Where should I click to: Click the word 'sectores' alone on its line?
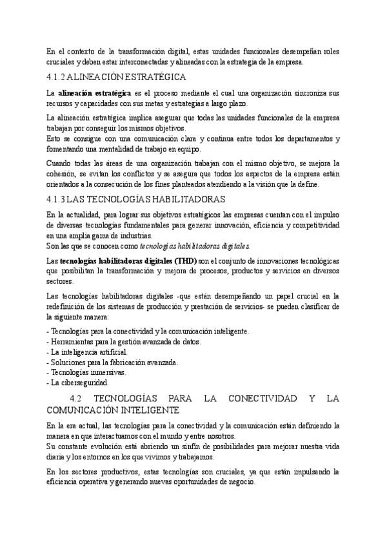click(59, 281)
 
